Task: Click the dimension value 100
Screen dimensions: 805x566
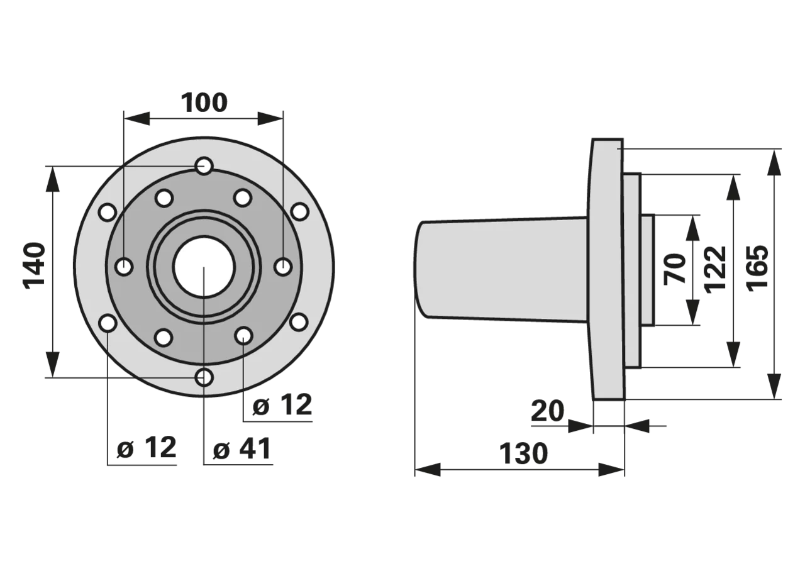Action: pos(204,103)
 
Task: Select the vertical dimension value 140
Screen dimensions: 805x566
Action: pos(35,266)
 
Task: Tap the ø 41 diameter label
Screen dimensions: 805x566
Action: pos(241,449)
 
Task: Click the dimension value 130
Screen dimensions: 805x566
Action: pos(524,454)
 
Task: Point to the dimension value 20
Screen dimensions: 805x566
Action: pos(547,411)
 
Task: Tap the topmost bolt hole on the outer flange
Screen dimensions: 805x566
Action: pos(204,166)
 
